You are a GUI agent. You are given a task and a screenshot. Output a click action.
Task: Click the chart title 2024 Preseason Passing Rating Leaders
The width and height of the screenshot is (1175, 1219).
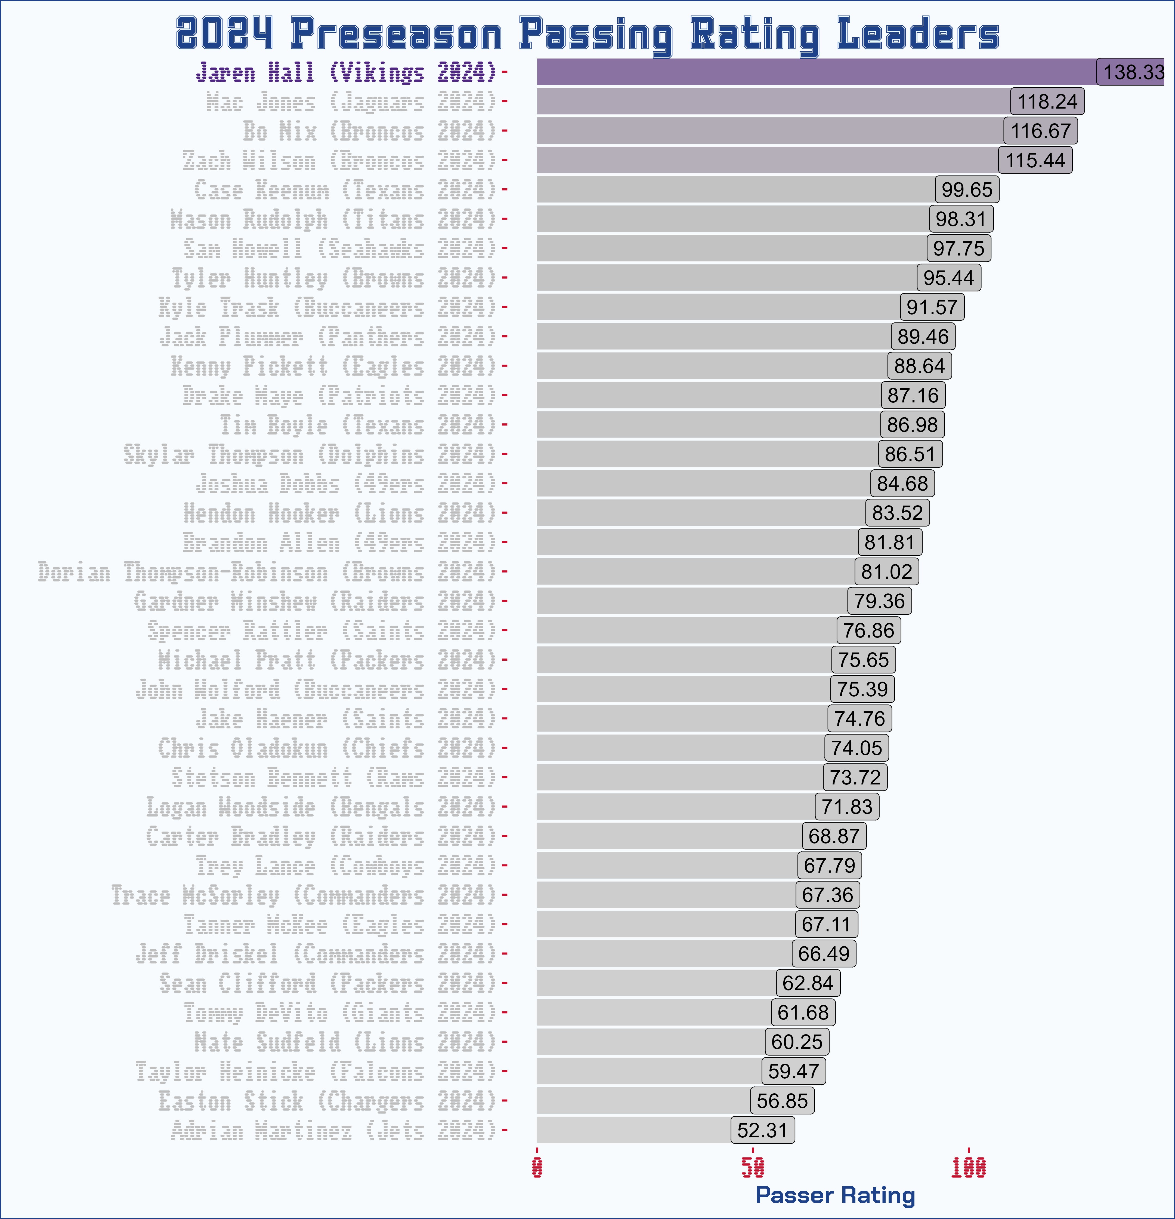587,34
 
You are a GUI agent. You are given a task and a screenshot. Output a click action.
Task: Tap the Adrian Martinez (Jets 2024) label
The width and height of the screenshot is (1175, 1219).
334,1130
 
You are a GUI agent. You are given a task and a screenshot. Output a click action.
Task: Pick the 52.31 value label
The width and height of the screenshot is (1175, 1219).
762,1130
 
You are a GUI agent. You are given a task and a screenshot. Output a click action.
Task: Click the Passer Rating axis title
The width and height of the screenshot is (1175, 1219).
835,1195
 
